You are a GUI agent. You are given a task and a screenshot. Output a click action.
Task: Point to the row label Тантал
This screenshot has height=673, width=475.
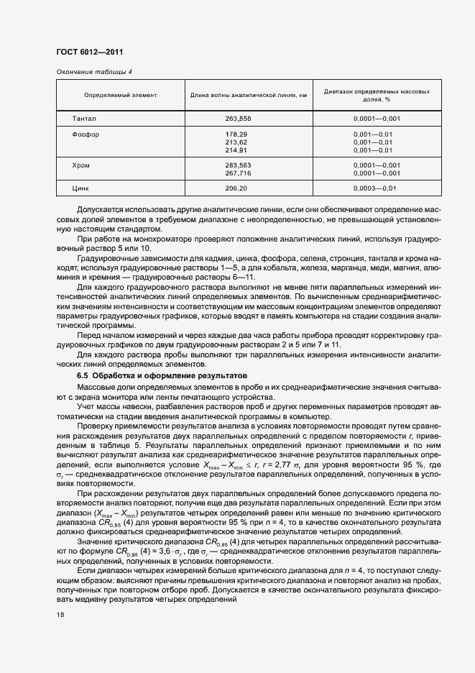click(x=84, y=118)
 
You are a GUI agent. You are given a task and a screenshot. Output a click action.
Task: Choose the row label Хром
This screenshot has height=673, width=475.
click(x=81, y=165)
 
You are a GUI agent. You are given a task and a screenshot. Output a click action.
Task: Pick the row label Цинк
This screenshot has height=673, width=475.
click(x=81, y=188)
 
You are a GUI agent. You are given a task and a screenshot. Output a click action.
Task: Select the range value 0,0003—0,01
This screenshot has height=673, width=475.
click(x=374, y=188)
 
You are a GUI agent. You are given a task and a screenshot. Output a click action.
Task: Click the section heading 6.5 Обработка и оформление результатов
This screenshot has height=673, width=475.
click(x=162, y=376)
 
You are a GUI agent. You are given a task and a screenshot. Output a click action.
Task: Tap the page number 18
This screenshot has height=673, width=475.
click(x=60, y=615)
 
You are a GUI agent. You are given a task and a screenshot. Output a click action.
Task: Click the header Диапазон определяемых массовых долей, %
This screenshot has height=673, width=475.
click(x=377, y=96)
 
